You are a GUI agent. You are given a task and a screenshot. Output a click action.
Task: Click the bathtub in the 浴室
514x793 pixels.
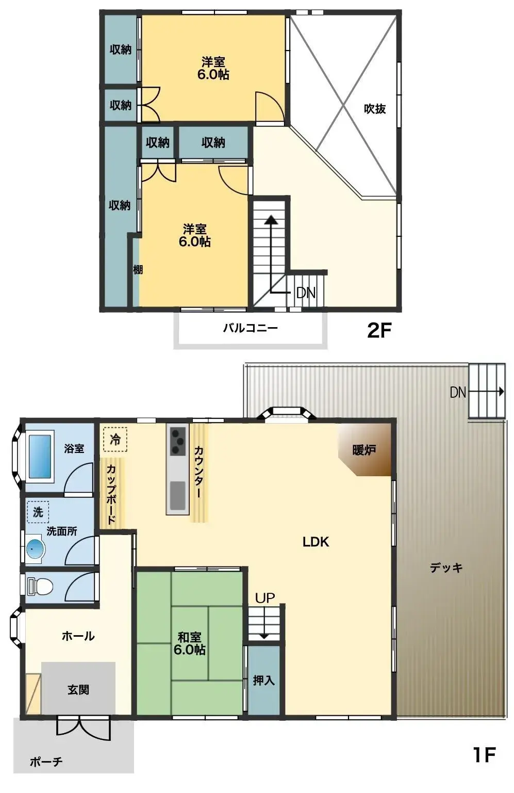pos(40,457)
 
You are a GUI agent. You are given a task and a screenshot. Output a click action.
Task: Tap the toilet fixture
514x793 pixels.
pos(41,587)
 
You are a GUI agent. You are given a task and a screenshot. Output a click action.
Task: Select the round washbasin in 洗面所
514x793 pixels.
pos(35,548)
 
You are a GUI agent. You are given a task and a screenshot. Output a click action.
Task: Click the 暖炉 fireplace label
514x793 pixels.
pos(364,450)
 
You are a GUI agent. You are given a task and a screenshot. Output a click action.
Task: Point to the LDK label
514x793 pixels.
pos(316,542)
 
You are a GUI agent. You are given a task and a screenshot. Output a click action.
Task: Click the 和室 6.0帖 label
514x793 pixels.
pos(189,643)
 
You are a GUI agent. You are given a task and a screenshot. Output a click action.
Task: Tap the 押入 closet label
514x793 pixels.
pos(263,681)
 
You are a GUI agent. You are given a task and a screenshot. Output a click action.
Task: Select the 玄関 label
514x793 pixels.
pos(78,690)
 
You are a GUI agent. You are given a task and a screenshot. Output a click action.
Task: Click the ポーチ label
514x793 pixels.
pos(46,762)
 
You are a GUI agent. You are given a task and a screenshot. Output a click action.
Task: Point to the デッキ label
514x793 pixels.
pos(446,568)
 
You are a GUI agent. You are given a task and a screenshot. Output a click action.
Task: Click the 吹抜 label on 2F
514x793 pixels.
pos(375,109)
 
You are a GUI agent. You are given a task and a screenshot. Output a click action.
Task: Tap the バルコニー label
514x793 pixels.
pos(250,328)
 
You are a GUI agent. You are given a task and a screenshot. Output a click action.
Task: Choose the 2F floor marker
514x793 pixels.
pos(379,330)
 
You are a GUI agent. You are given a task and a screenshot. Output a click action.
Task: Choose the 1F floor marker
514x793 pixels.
pos(484,755)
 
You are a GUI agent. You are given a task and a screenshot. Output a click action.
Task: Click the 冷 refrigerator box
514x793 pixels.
pos(115,440)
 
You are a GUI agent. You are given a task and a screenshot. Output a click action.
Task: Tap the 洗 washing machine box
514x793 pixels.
pos(38,512)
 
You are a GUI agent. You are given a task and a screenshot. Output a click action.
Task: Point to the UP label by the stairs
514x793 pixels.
pos(265,598)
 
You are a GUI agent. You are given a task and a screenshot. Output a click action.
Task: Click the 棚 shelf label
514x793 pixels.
pos(138,269)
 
